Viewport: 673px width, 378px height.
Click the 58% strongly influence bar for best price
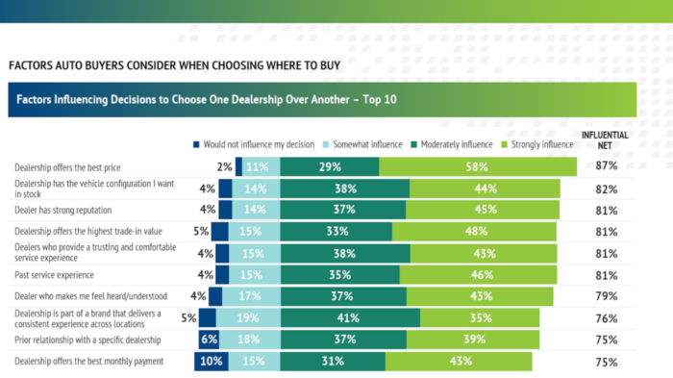pos(478,166)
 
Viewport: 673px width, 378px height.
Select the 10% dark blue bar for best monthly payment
pos(212,362)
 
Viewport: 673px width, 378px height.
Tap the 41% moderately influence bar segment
pos(350,317)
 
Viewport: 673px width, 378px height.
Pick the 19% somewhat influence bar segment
pos(248,317)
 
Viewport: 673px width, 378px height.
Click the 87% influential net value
pos(606,165)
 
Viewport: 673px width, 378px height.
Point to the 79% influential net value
pos(606,296)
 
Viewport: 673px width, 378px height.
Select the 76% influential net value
pos(606,318)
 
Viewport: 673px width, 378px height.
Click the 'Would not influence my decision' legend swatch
pos(196,145)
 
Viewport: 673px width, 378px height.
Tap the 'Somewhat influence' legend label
pos(367,144)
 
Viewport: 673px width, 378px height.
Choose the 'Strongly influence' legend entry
pos(537,144)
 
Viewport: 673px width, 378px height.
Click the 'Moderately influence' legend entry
pos(452,144)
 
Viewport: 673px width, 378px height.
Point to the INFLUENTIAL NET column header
pos(605,140)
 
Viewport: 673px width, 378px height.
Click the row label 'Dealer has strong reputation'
pos(63,210)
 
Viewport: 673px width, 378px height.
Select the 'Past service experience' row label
pos(54,275)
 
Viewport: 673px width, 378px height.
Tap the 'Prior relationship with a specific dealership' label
pos(87,340)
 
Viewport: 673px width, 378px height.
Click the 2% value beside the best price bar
pos(224,166)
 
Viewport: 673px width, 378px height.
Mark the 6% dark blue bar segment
pos(209,340)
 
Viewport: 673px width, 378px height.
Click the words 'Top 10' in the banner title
pos(380,100)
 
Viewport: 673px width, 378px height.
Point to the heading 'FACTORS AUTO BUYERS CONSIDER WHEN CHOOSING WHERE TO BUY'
pos(175,65)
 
